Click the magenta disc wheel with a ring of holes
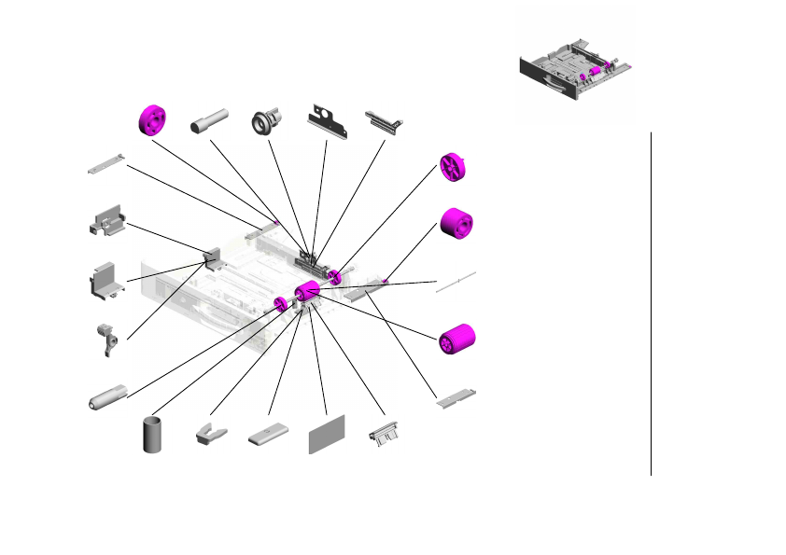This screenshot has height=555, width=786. coord(151,118)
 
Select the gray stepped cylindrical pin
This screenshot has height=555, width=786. coord(210,122)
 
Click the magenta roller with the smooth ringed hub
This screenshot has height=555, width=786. coord(456,224)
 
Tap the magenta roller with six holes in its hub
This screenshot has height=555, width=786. coord(457,340)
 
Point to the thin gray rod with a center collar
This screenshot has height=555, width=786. coord(456,282)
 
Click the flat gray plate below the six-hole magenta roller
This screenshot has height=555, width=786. coord(458,398)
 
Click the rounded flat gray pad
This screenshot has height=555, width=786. coord(270,437)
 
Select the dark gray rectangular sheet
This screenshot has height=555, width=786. coord(327,434)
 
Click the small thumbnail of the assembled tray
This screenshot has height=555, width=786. coord(575,74)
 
